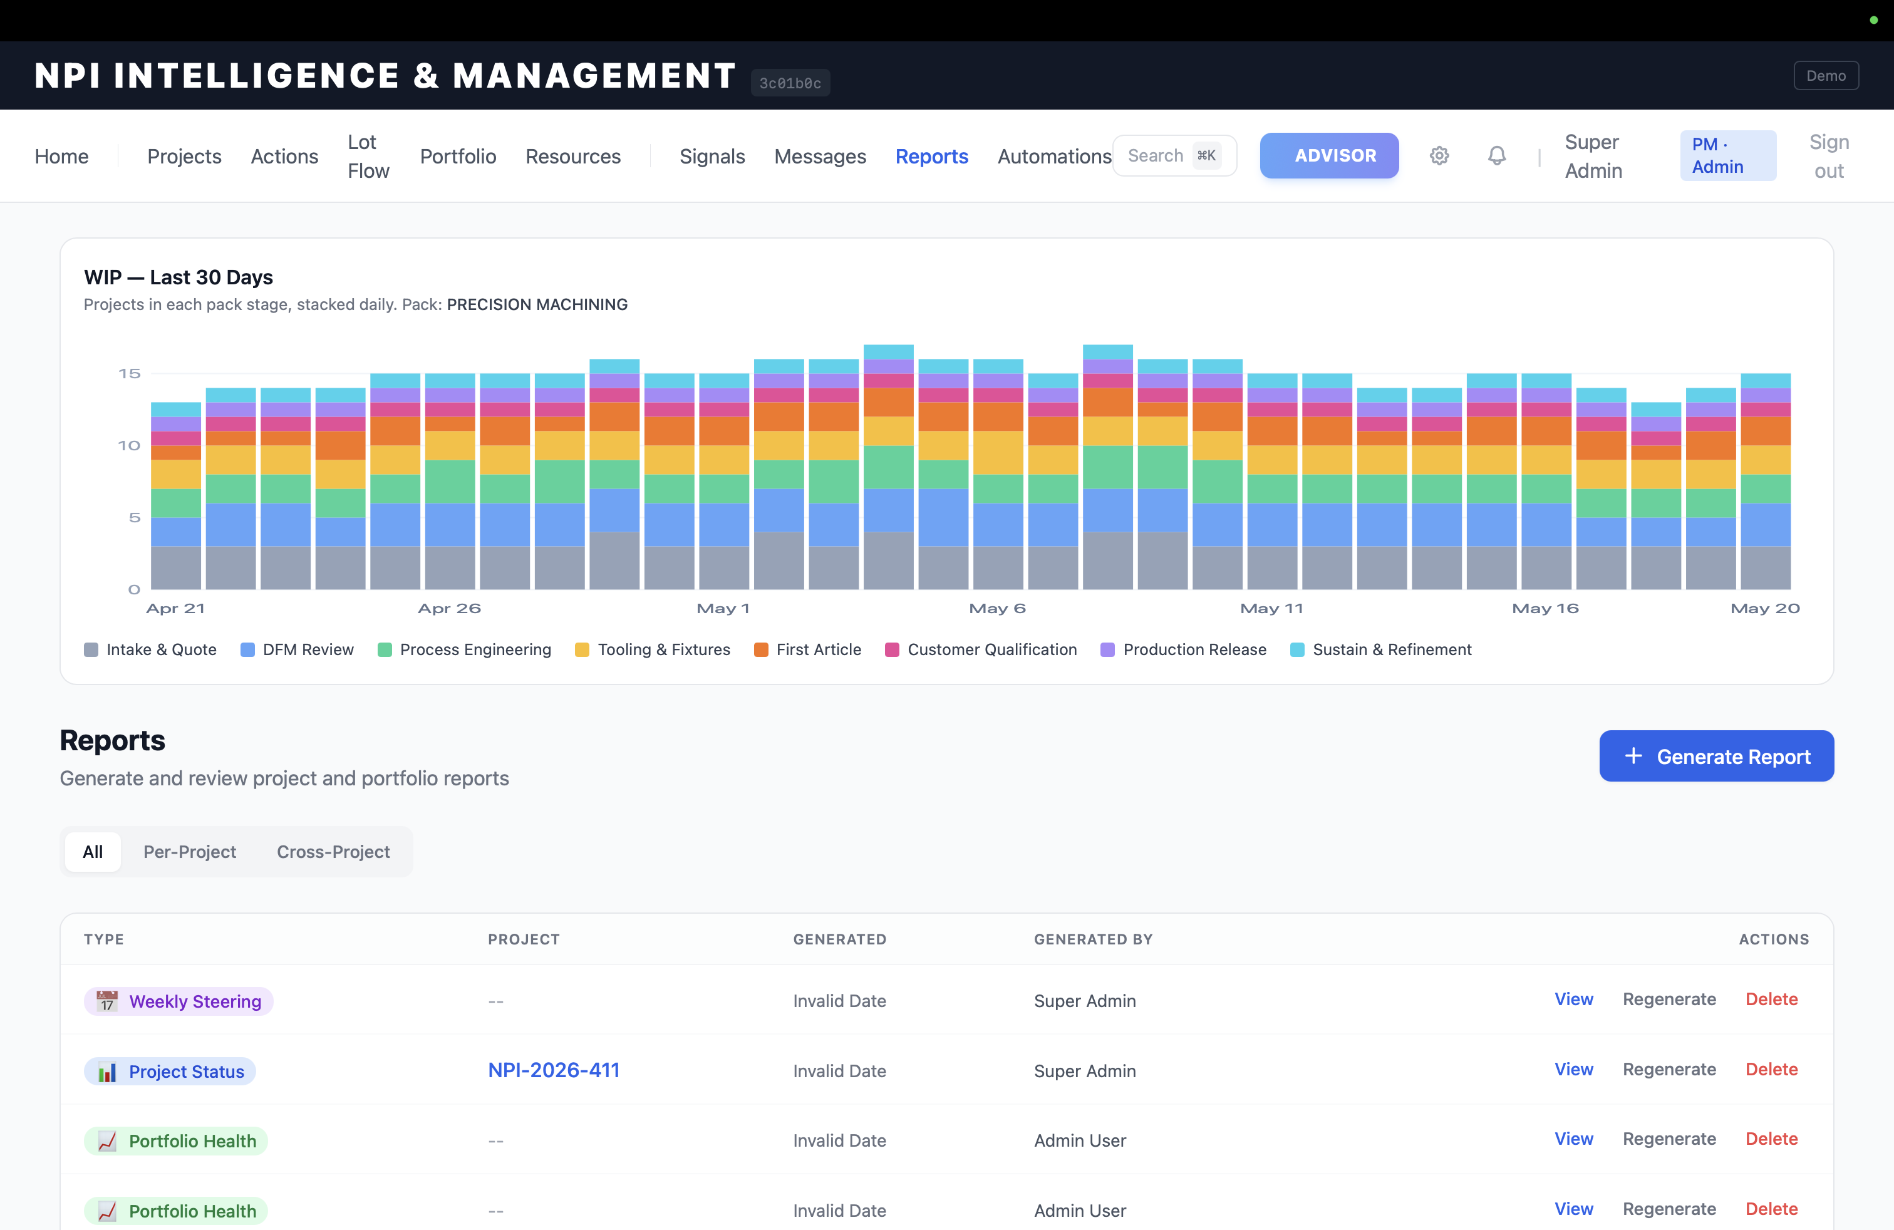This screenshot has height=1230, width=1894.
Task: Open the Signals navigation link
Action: tap(712, 156)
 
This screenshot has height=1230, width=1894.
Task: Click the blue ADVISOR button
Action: tap(1329, 155)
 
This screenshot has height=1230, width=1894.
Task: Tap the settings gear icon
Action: tap(1439, 155)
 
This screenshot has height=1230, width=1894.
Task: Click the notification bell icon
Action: tap(1496, 155)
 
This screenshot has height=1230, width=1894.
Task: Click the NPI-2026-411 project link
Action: tap(554, 1070)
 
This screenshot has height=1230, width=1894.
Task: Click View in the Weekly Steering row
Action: tap(1573, 1000)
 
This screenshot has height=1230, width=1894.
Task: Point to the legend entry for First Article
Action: tap(808, 649)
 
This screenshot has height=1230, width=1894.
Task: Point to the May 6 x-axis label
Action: tap(997, 609)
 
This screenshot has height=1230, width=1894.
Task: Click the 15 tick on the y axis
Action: tap(129, 373)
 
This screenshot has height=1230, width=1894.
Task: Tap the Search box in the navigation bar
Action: tap(1174, 155)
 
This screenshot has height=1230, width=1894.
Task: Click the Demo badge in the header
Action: tap(1826, 76)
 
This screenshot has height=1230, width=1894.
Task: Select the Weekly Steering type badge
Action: tap(179, 1001)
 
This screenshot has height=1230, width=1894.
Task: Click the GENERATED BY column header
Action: tap(1093, 939)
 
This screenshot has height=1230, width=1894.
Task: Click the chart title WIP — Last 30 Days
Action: tap(179, 277)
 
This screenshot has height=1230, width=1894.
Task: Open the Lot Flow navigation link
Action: tap(368, 156)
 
